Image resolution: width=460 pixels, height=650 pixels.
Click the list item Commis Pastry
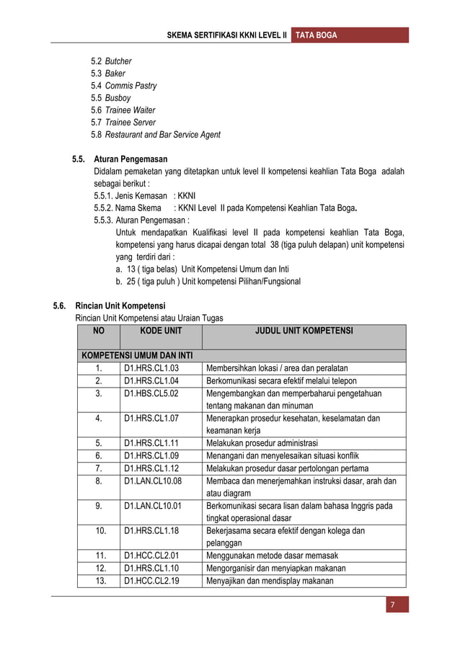click(x=131, y=86)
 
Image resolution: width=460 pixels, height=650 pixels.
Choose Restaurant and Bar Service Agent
click(x=163, y=135)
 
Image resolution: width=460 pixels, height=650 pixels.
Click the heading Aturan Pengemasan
click(x=131, y=159)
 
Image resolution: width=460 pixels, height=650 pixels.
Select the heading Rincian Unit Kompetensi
click(x=120, y=306)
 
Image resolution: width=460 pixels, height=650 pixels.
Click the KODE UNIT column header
click(x=160, y=331)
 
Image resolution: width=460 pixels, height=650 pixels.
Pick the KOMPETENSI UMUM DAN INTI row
click(x=136, y=356)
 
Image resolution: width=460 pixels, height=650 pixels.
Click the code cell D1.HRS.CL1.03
click(x=151, y=368)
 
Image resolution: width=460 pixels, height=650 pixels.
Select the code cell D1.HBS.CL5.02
click(x=151, y=393)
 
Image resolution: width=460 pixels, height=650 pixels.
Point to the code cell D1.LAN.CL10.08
click(x=153, y=481)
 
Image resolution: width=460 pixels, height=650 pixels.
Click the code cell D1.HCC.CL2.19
click(x=151, y=580)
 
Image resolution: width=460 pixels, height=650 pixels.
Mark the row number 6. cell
click(x=98, y=455)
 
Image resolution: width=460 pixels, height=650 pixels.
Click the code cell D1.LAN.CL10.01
click(x=153, y=505)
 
